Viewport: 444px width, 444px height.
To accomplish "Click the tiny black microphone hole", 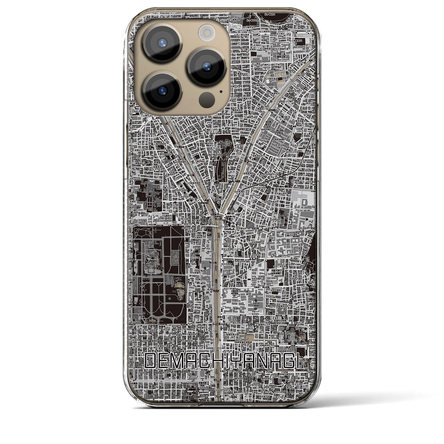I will tap(221, 92).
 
